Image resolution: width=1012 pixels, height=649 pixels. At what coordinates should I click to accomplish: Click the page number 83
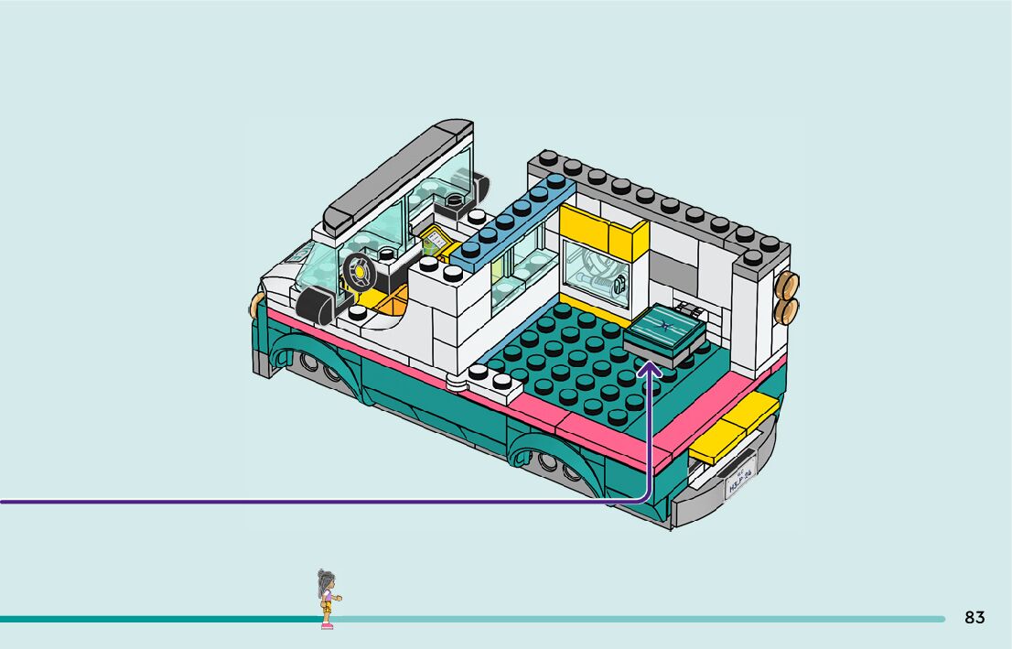(x=974, y=618)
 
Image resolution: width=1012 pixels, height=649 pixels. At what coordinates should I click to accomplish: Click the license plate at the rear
(x=738, y=479)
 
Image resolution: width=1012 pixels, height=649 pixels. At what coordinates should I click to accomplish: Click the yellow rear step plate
(x=734, y=428)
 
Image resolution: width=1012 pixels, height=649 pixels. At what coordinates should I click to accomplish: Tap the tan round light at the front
(x=253, y=305)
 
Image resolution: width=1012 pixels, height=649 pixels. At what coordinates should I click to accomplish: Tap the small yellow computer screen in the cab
(x=434, y=242)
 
